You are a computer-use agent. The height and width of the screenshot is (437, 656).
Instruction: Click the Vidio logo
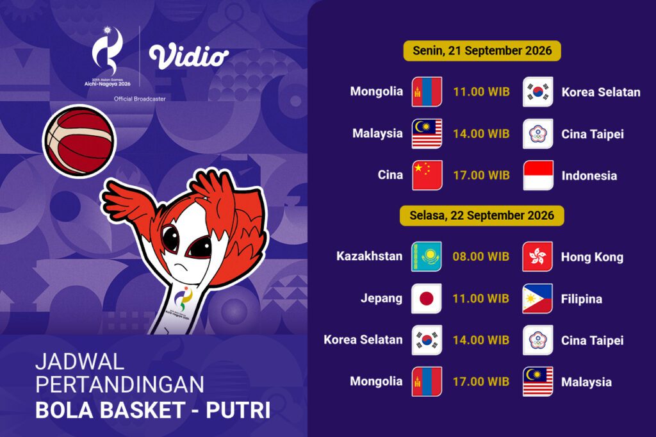(x=189, y=56)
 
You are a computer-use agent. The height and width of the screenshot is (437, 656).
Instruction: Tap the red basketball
(x=79, y=141)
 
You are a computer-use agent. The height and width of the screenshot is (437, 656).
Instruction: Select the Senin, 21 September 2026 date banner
(x=482, y=51)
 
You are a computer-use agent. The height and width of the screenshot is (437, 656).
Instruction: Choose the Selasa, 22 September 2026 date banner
(x=482, y=215)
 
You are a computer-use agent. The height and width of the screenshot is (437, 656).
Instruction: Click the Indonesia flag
(x=538, y=176)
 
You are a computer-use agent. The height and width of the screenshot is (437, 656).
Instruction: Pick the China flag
(x=427, y=176)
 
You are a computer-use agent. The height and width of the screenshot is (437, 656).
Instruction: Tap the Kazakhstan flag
(x=426, y=256)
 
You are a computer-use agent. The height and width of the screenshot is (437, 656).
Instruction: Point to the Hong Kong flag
(x=537, y=256)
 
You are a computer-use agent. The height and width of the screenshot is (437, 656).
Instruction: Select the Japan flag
(x=426, y=299)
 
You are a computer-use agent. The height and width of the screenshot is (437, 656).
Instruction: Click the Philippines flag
(x=537, y=299)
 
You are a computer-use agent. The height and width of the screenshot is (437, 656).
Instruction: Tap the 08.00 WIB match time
(x=480, y=256)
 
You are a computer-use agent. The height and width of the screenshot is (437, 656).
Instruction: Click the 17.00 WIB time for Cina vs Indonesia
(x=482, y=176)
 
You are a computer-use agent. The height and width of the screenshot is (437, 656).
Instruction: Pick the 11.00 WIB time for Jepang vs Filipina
(x=480, y=299)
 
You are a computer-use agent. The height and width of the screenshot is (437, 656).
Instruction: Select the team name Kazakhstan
(x=370, y=256)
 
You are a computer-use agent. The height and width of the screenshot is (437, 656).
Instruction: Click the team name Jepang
(x=382, y=299)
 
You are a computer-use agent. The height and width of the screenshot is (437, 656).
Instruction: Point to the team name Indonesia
(x=589, y=176)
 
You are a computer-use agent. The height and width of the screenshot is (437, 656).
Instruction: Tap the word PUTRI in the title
(x=238, y=411)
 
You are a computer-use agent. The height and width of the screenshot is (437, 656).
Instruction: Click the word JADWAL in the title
(x=79, y=361)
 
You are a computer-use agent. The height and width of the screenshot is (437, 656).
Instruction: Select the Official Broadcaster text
(x=140, y=99)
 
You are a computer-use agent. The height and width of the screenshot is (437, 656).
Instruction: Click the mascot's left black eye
(x=170, y=238)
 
